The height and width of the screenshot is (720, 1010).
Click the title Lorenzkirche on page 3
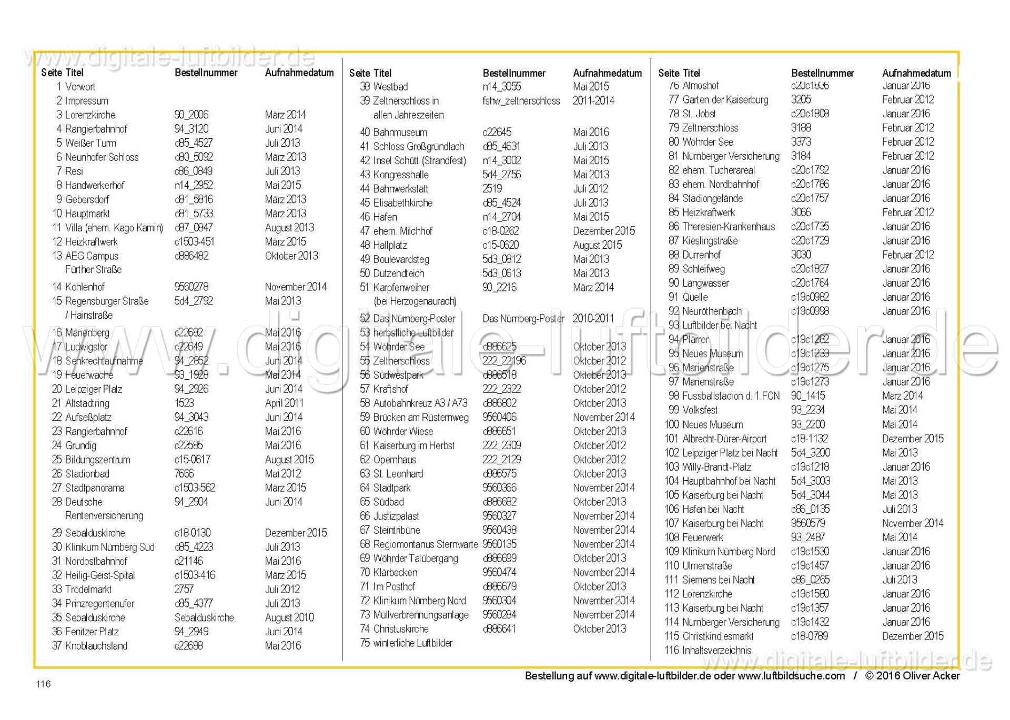(90, 115)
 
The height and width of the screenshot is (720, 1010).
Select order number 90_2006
(191, 115)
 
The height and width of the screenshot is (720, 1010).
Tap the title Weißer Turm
(90, 143)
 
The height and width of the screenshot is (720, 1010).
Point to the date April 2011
(284, 403)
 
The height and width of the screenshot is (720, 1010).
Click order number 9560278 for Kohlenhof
(191, 287)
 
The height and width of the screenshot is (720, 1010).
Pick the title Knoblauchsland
(96, 646)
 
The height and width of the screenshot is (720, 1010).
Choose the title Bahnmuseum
(400, 133)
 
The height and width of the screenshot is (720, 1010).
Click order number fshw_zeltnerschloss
(521, 101)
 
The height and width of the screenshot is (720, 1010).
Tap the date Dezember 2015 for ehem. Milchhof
(604, 231)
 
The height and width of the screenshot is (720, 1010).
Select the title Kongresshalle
(401, 175)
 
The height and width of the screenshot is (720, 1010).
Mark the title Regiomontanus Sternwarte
(425, 544)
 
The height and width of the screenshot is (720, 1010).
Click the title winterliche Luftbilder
(413, 643)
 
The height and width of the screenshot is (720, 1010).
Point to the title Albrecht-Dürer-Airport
(724, 439)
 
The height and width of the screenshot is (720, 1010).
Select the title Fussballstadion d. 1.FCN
(731, 396)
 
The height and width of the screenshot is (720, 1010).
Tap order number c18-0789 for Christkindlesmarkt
(809, 636)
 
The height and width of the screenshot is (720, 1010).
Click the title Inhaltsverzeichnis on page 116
(716, 651)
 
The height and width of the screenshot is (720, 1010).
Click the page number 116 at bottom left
(43, 684)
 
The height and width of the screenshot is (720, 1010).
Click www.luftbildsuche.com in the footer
(791, 676)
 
